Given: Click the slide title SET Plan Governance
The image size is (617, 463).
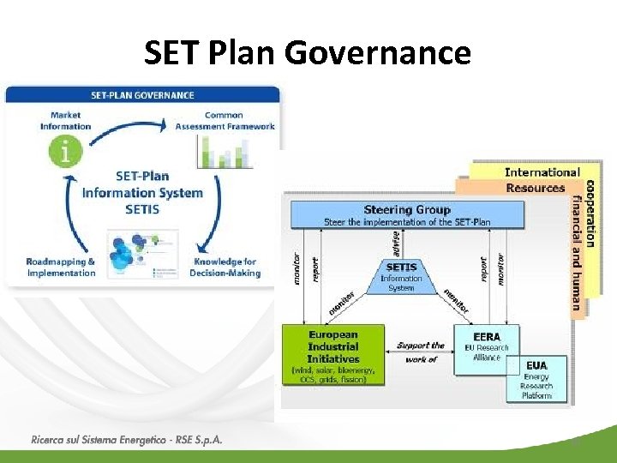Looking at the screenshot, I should pos(308,53).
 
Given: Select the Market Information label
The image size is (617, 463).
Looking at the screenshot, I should pos(65,121).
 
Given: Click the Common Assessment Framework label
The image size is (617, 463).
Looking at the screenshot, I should pos(225,121).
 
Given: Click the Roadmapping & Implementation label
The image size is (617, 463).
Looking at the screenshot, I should pos(61,268).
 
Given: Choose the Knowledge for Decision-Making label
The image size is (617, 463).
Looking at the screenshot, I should pos(225,268).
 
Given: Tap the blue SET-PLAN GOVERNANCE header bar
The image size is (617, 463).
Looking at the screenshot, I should pos(142,95).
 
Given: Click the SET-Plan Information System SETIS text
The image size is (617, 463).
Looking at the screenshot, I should pos(142,193).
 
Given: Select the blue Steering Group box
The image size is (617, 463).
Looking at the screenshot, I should pos(406,214).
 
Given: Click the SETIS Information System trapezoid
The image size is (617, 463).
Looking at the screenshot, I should pos(401,277).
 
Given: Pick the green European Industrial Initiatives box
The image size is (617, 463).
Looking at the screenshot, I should pos(333,356).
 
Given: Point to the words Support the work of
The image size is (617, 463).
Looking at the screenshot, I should pos(422,352).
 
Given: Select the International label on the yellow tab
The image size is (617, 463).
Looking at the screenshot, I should pos(542,172).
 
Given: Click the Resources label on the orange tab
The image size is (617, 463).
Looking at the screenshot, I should pos(535,188).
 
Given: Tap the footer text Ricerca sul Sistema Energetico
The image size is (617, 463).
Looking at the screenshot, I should pos(126,440).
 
